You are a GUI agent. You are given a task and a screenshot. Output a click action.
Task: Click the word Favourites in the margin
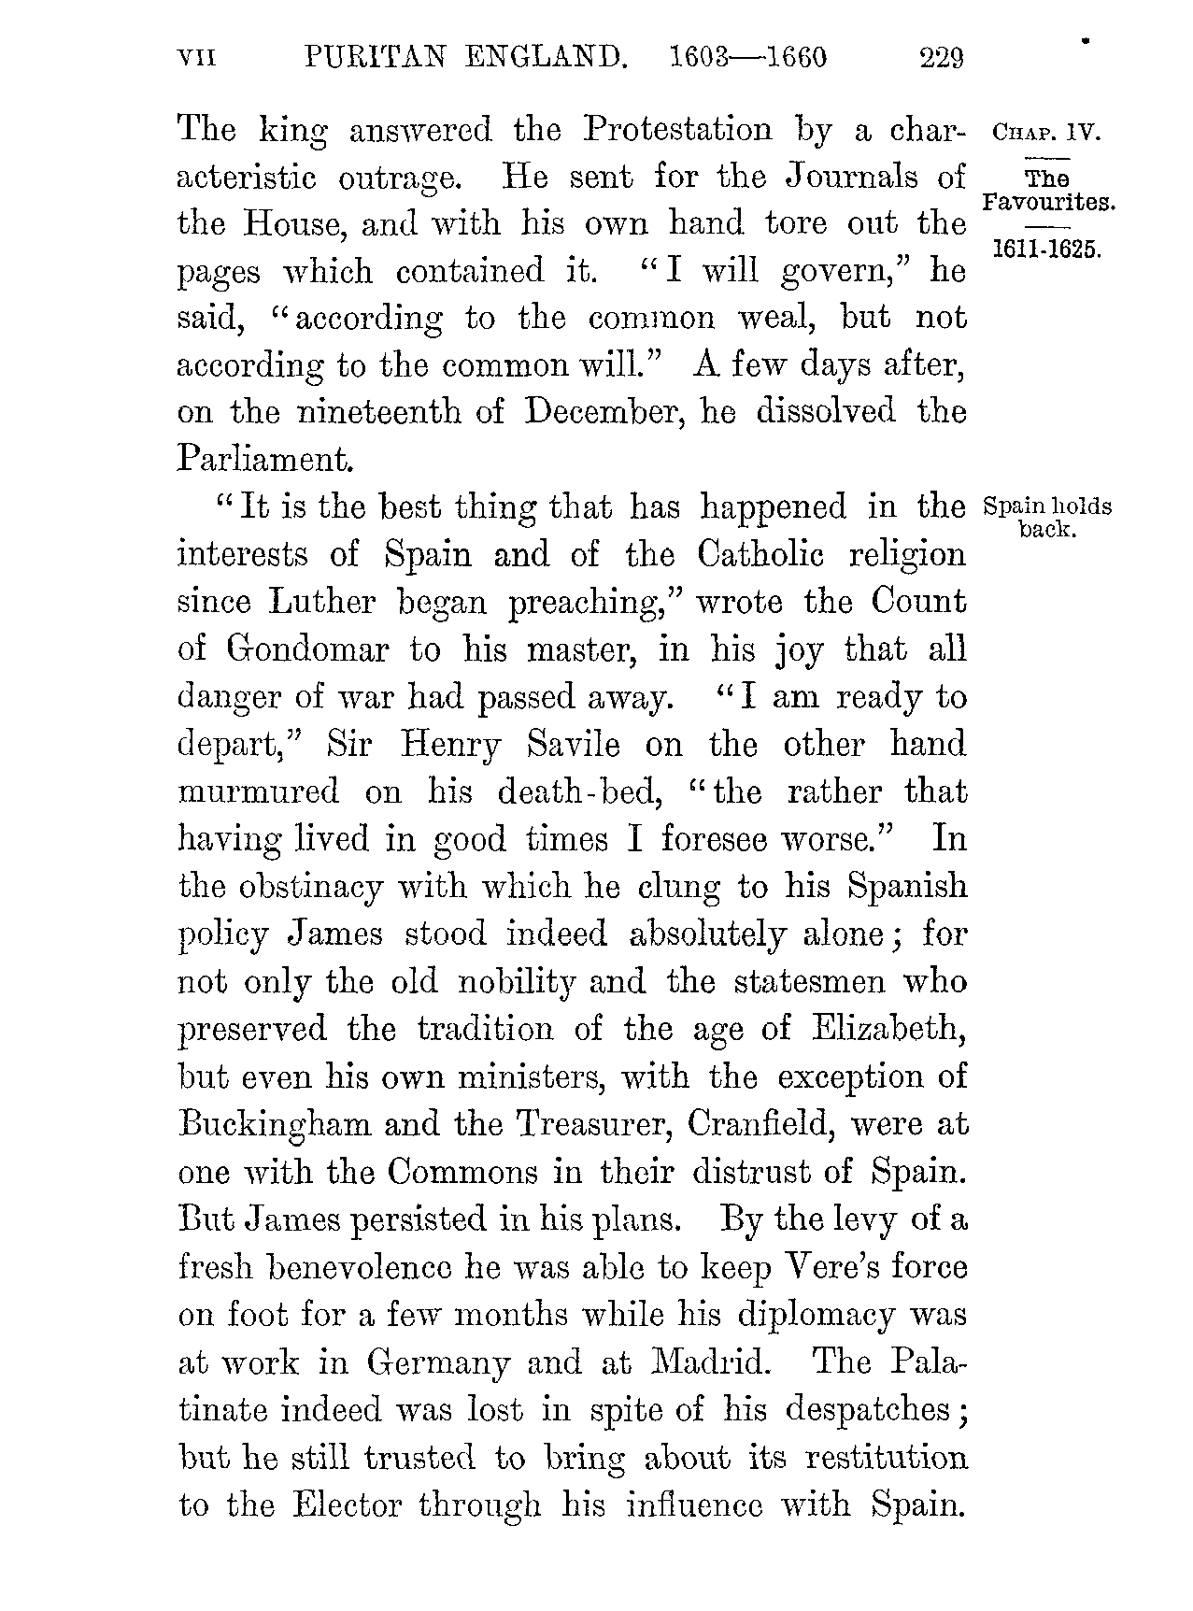[1048, 200]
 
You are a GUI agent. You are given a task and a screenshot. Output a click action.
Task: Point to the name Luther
[321, 603]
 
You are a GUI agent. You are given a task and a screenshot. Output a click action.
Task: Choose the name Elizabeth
[888, 1029]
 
